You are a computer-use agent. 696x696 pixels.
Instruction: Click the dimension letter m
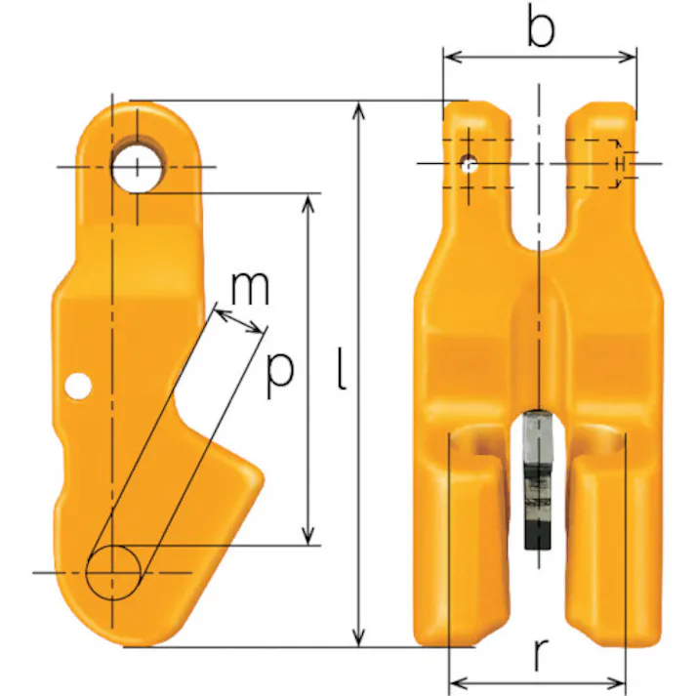click(x=250, y=289)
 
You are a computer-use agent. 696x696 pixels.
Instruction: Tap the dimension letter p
click(x=279, y=372)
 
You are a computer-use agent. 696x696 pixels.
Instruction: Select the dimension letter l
click(x=342, y=368)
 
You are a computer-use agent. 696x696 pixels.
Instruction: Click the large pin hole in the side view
click(x=138, y=168)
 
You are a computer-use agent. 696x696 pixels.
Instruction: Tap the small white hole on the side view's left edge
click(x=78, y=387)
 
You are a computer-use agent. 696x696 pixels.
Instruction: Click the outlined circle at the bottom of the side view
click(x=113, y=573)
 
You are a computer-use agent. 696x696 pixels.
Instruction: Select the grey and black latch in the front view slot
click(x=538, y=480)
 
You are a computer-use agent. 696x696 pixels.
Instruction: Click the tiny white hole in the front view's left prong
click(x=469, y=164)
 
